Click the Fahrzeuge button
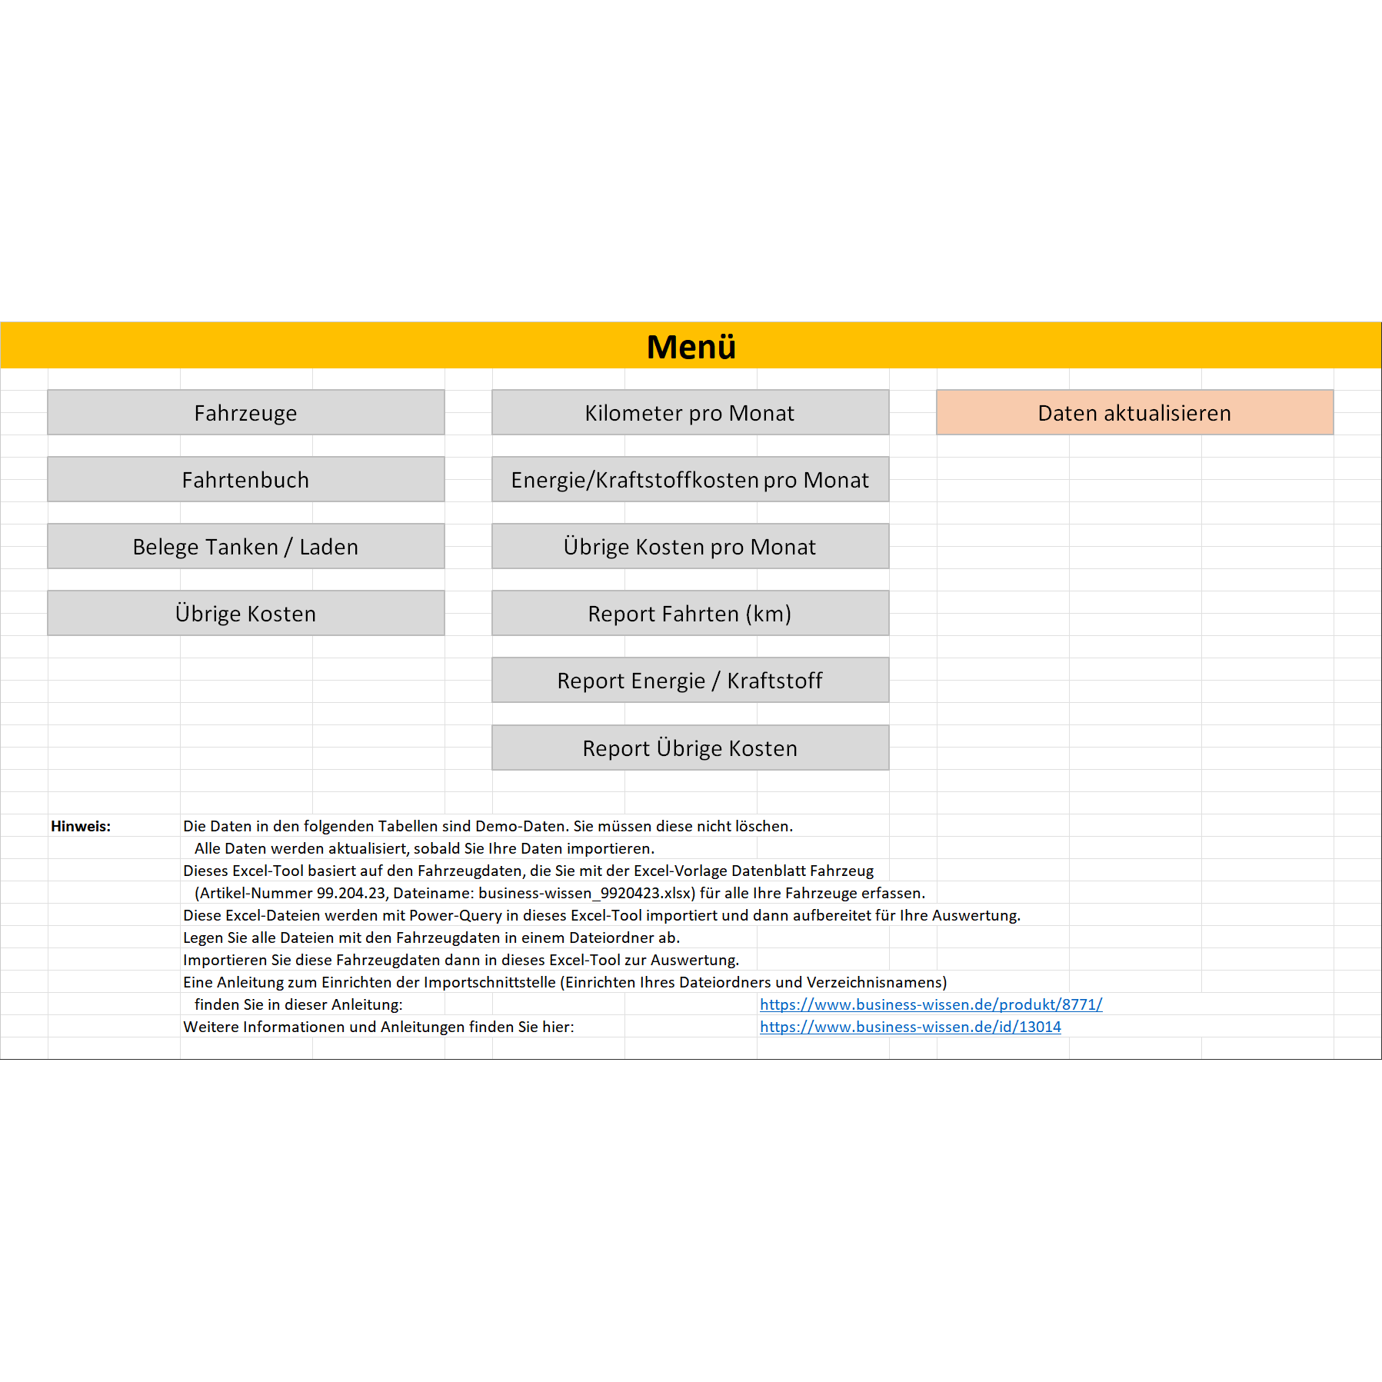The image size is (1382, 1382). point(245,413)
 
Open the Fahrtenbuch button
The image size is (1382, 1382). point(245,480)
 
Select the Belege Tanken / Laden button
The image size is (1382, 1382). point(245,547)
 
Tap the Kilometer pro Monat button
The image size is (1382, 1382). point(690,413)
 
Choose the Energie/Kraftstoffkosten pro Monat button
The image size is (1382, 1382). point(690,480)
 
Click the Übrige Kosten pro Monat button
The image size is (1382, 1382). point(690,547)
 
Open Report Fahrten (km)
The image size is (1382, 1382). point(690,614)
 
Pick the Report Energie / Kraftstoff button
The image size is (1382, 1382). point(690,681)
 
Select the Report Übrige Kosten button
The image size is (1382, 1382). point(690,748)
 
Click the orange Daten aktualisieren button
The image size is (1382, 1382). point(1134,413)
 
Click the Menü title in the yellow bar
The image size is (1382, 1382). point(691,347)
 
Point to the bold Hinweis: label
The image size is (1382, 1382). point(81,827)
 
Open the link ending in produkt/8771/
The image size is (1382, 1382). point(931,1004)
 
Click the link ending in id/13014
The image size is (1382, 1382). point(910,1027)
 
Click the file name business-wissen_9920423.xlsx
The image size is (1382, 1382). point(586,894)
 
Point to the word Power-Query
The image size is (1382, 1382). point(455,916)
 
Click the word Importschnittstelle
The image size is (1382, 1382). point(489,983)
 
